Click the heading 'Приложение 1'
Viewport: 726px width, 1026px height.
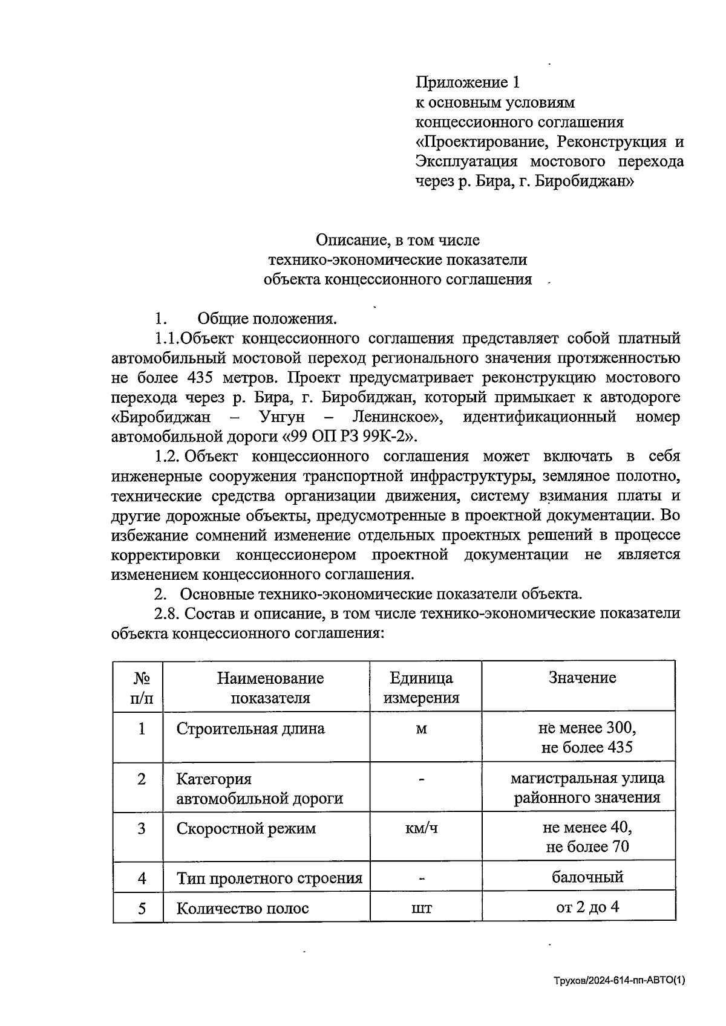[467, 82]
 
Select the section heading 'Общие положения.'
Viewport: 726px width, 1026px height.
[267, 319]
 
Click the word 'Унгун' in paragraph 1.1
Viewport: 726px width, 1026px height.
[281, 417]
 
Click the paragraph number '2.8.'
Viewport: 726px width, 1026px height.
[168, 613]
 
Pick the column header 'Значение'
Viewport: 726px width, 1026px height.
[582, 678]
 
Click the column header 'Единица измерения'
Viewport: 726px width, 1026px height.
[422, 688]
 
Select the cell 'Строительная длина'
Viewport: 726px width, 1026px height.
[250, 729]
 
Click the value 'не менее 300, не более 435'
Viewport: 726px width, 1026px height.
[587, 738]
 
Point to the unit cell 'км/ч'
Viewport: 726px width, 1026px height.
[422, 828]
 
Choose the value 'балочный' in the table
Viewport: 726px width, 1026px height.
[587, 877]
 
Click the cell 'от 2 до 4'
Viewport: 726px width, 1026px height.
[587, 907]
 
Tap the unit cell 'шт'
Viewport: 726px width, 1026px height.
[422, 908]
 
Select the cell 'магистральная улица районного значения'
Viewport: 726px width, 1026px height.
[587, 788]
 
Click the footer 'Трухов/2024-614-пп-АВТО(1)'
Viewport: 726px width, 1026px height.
[620, 982]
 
